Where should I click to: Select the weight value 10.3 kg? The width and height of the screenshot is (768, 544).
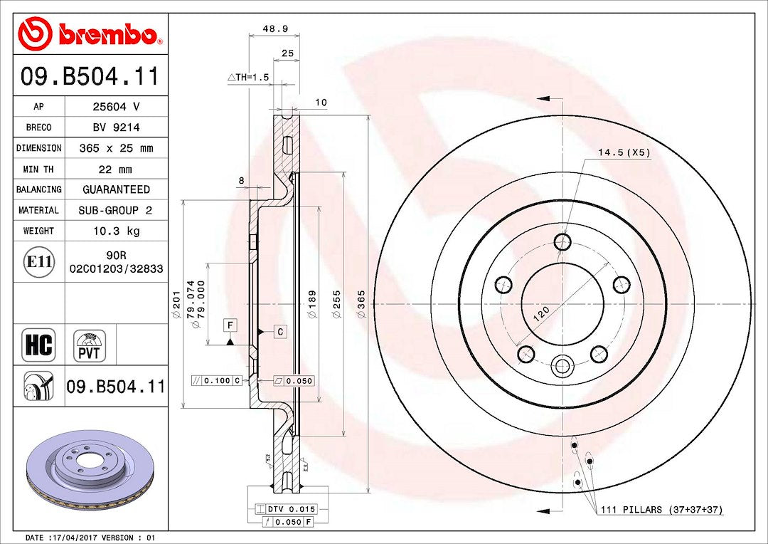pyautogui.click(x=117, y=231)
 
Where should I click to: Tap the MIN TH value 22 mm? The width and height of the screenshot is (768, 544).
pyautogui.click(x=117, y=169)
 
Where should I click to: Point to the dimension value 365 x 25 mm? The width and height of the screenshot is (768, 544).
pyautogui.click(x=117, y=148)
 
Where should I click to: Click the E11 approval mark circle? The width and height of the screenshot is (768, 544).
pyautogui.click(x=39, y=262)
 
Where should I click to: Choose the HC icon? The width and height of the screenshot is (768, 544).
pyautogui.click(x=38, y=345)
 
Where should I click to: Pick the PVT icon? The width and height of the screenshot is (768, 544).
pyautogui.click(x=90, y=345)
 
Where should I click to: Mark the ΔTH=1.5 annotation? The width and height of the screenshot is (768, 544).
pyautogui.click(x=248, y=78)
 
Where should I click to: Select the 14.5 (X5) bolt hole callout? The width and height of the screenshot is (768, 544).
pyautogui.click(x=624, y=152)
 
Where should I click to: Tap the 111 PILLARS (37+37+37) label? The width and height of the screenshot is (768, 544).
pyautogui.click(x=662, y=510)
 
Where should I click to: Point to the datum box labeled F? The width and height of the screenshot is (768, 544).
pyautogui.click(x=229, y=325)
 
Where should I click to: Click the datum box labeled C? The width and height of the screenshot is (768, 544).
pyautogui.click(x=280, y=332)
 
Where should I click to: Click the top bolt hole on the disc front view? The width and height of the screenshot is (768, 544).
pyautogui.click(x=562, y=242)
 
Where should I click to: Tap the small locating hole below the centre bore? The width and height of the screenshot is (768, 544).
pyautogui.click(x=562, y=367)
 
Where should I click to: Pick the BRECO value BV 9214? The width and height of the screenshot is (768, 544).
pyautogui.click(x=117, y=127)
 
